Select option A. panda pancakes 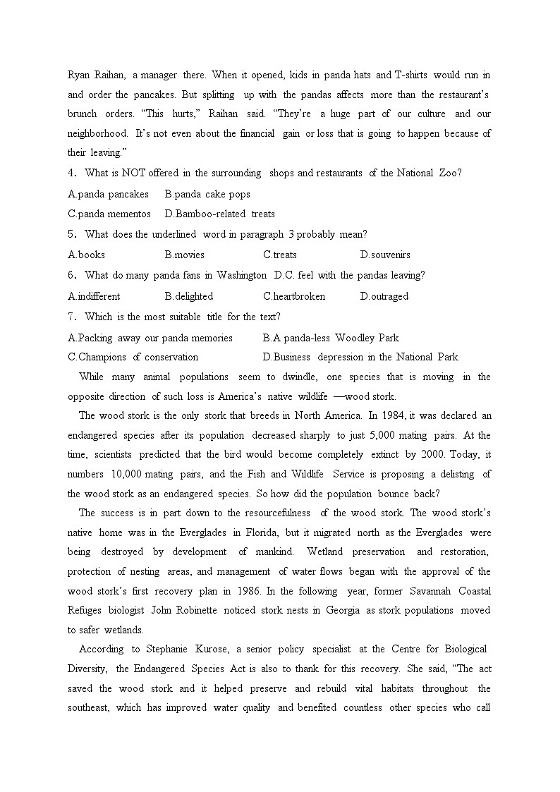point(109,194)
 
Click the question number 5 point(71,234)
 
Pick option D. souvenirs point(384,255)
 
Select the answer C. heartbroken point(294,296)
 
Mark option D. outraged point(384,296)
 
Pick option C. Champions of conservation point(133,357)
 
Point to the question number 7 point(71,317)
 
